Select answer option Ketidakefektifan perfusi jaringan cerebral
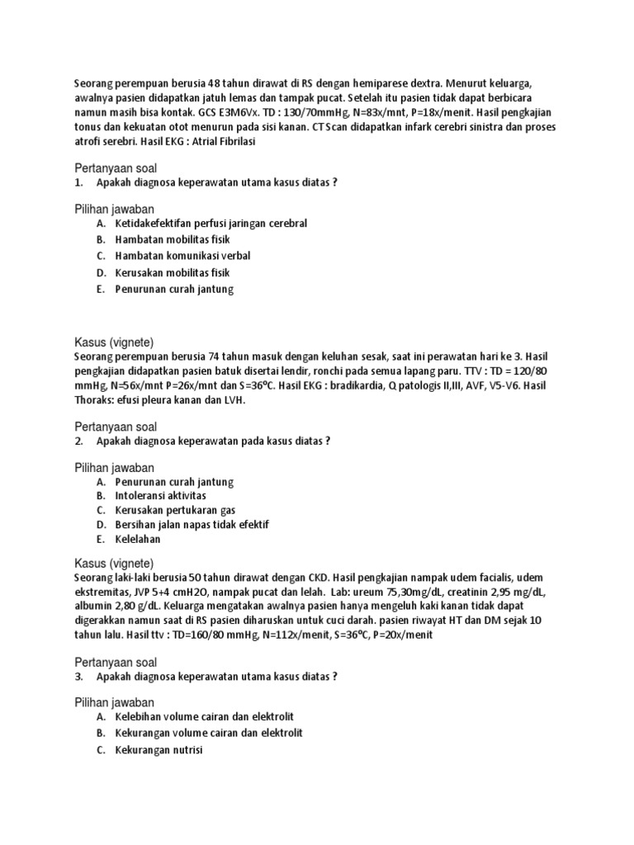(211, 224)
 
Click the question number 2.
(78, 441)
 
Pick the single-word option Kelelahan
(138, 541)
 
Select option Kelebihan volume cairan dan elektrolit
(204, 717)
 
